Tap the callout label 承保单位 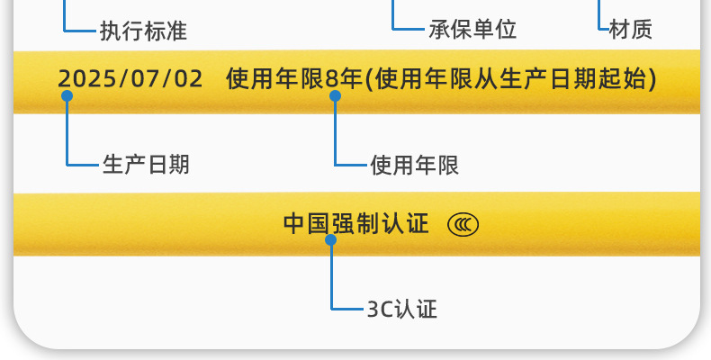472,30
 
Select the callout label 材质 630,30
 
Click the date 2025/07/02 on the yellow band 130,78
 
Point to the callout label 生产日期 146,165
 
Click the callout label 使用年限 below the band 415,165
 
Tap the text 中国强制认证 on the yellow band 356,223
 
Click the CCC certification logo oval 463,224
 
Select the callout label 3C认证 402,310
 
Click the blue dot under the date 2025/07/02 67,95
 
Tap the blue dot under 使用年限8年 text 335,95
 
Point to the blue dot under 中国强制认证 331,240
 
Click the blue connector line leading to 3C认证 331,279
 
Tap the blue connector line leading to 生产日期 67,135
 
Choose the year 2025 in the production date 79,78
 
